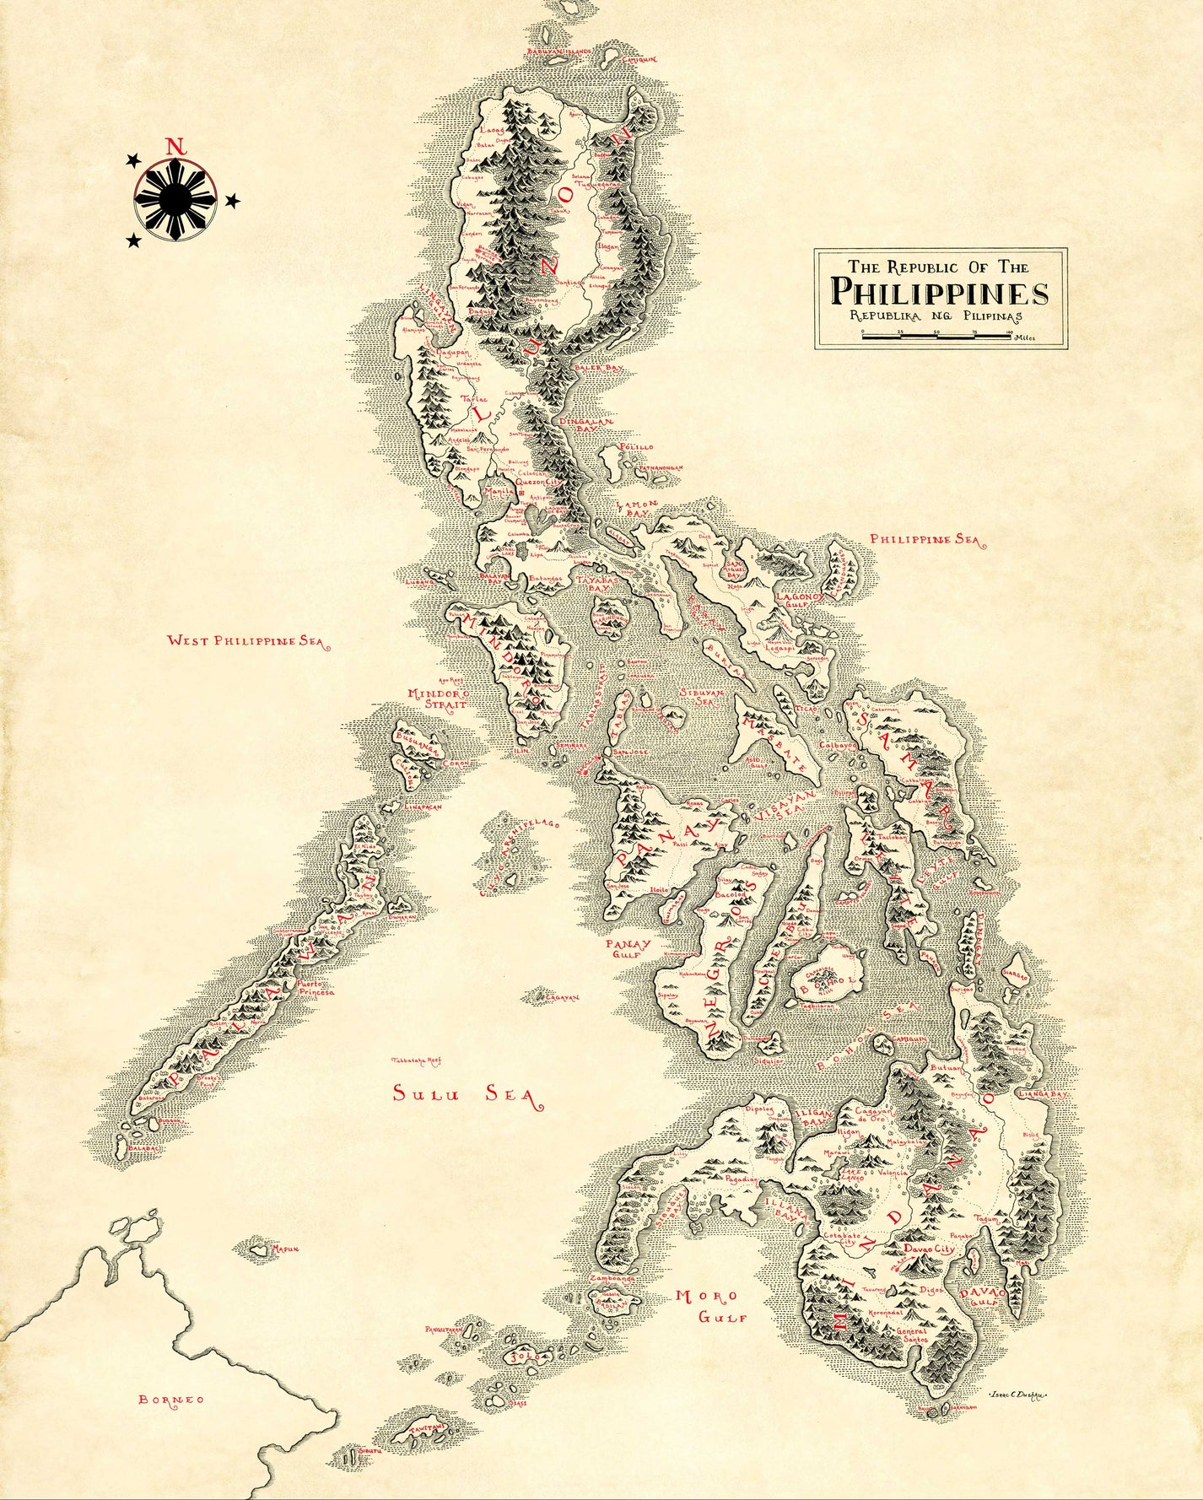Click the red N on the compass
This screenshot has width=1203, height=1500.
(175, 145)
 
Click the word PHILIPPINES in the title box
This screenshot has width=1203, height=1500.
(940, 293)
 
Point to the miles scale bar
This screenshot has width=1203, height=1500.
(936, 335)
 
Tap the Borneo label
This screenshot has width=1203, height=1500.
(171, 1400)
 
